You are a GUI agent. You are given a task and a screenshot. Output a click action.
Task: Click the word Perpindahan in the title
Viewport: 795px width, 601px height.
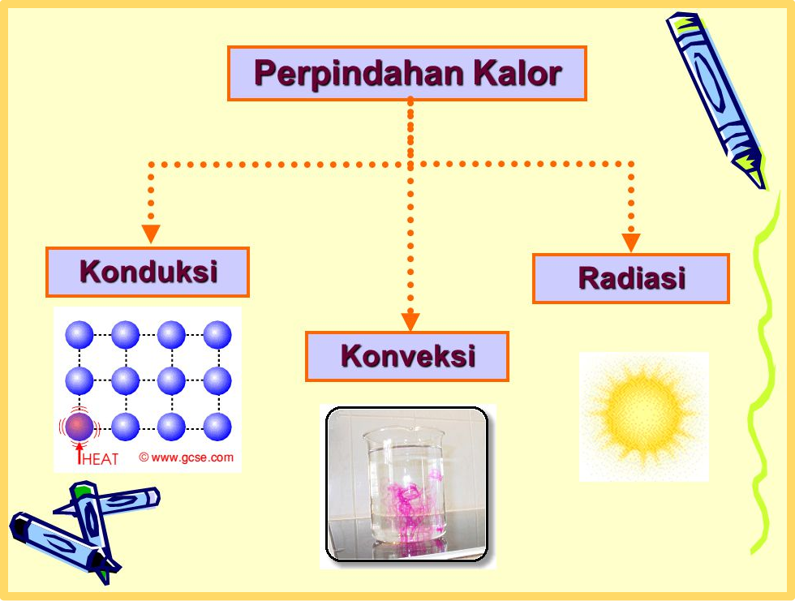[359, 74]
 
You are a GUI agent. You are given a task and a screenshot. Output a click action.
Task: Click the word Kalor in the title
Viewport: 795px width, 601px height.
[518, 73]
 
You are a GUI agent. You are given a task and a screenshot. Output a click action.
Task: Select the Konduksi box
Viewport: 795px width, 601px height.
[148, 273]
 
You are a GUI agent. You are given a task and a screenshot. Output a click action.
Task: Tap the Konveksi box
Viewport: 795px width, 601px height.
[407, 356]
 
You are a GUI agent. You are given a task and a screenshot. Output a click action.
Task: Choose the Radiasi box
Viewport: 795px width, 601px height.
[631, 279]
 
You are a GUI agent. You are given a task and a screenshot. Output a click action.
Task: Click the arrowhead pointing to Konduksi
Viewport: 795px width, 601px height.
[151, 234]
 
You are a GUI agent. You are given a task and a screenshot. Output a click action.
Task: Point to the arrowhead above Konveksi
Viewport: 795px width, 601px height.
[410, 322]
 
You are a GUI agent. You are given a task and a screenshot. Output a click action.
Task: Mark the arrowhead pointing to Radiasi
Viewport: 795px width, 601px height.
[631, 243]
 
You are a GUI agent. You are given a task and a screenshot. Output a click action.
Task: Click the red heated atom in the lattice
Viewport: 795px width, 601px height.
[79, 427]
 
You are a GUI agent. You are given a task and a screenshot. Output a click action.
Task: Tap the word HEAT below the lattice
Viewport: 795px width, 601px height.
[100, 459]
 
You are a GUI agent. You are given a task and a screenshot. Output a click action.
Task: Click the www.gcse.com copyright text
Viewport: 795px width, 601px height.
[187, 457]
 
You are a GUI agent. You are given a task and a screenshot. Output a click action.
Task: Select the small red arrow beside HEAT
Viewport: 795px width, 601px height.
[79, 453]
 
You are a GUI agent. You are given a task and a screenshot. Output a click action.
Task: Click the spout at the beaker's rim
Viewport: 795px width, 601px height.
[368, 434]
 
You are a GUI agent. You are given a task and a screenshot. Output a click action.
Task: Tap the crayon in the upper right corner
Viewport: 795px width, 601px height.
[715, 99]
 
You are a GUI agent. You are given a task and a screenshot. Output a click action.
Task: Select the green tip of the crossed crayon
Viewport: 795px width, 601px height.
[80, 489]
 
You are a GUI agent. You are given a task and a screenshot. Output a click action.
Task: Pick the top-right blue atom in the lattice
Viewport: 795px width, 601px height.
[217, 334]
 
